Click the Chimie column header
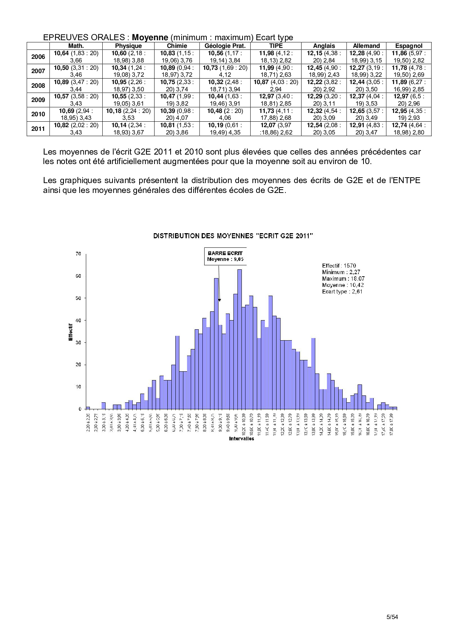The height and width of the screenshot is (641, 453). click(x=177, y=46)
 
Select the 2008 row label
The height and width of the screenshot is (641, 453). click(x=38, y=86)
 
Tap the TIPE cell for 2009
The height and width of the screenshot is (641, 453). click(x=276, y=100)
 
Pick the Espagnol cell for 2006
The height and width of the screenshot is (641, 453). click(x=408, y=57)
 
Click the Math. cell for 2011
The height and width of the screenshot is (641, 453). click(x=76, y=129)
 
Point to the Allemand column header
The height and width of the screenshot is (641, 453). click(x=366, y=46)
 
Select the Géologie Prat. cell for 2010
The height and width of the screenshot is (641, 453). click(x=225, y=114)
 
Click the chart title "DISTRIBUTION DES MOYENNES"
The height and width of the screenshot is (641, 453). click(x=233, y=236)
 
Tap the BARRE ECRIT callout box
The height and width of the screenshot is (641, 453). click(x=225, y=256)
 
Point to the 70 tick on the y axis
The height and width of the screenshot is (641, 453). click(x=79, y=254)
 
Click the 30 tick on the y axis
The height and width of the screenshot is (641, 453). click(x=79, y=343)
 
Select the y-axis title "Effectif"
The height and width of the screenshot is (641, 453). click(x=71, y=332)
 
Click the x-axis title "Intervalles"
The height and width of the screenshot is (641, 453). click(x=241, y=439)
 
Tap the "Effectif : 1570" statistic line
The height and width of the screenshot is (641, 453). click(x=339, y=266)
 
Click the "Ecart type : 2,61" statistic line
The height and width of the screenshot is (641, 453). click(x=342, y=292)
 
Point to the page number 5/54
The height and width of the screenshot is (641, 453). click(x=392, y=617)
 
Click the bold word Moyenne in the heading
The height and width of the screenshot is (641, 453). click(x=150, y=37)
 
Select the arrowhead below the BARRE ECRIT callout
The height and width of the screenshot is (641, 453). click(x=220, y=300)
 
